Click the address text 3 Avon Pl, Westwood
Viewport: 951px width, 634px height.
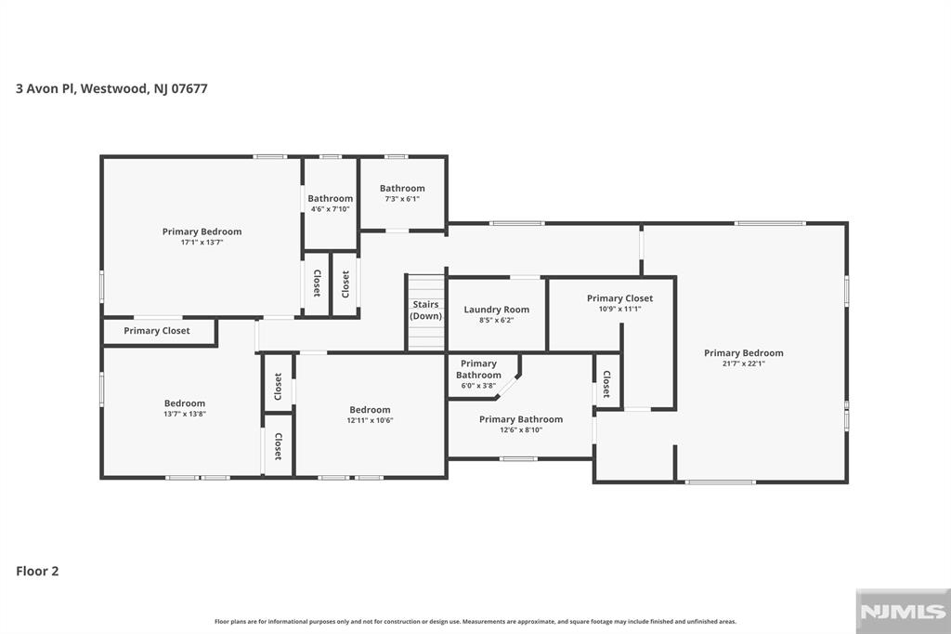pos(82,88)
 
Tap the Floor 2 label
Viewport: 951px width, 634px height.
pos(37,571)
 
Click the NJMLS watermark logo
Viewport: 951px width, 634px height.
pos(903,612)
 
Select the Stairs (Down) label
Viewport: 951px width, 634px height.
pos(425,310)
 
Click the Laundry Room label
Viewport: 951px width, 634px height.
pos(497,310)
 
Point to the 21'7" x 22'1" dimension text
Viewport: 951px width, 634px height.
pos(744,363)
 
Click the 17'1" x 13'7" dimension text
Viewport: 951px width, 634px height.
pos(202,243)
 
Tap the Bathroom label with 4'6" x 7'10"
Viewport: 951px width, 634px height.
pos(330,199)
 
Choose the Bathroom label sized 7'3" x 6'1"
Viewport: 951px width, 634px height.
pos(402,189)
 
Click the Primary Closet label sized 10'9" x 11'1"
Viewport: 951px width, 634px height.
pos(619,298)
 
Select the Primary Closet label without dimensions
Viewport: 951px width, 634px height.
pos(156,331)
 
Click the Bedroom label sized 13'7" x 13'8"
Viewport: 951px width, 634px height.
pos(185,403)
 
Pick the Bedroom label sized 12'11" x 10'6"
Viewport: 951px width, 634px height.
pos(370,410)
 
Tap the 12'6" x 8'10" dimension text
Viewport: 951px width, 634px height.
pos(521,430)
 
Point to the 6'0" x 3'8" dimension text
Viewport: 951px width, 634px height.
pos(478,386)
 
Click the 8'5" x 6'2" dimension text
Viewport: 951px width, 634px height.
pos(497,320)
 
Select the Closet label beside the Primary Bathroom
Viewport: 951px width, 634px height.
pos(606,384)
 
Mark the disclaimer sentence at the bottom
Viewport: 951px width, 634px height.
pos(475,621)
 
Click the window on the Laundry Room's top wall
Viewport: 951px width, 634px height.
pos(526,278)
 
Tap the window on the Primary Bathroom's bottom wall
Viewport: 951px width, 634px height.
pos(518,458)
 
